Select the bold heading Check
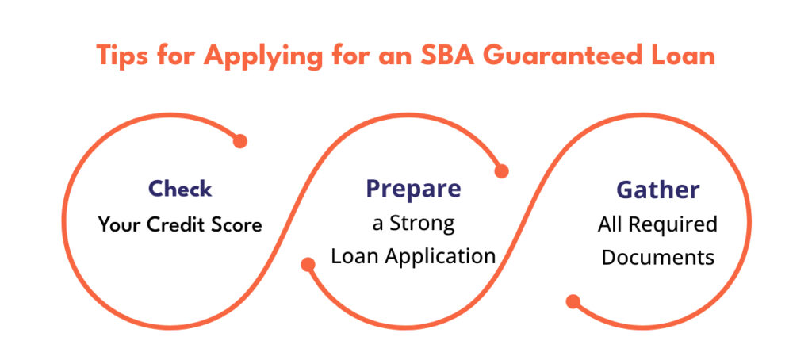coord(180,189)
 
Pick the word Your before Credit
coord(120,225)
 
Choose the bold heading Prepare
coord(413,189)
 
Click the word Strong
coord(422,224)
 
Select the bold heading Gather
coord(657,190)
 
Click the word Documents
coord(657,257)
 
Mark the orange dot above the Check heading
coord(239,141)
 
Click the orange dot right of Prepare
coord(501,171)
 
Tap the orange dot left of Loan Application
coord(308,265)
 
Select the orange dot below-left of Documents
coord(573,301)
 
